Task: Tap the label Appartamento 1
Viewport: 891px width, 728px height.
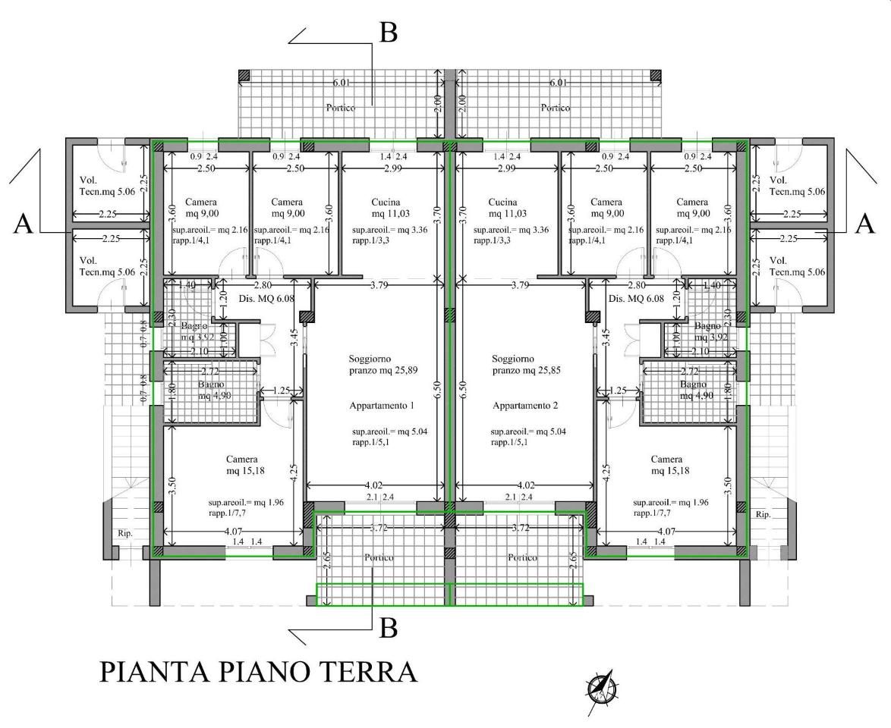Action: coord(382,406)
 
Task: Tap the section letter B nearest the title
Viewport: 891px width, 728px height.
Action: coord(388,628)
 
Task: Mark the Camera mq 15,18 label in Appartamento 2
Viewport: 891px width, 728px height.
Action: coord(666,465)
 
